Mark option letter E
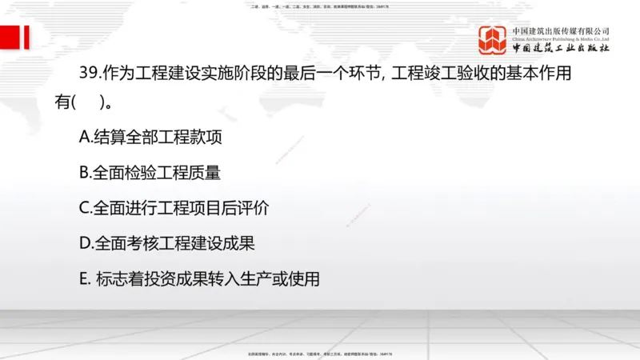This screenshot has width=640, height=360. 84,279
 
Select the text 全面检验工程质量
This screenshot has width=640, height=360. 157,172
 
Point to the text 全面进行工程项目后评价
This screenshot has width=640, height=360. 181,208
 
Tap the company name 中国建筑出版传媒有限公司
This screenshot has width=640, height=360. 561,30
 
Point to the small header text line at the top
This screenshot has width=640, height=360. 320,6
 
